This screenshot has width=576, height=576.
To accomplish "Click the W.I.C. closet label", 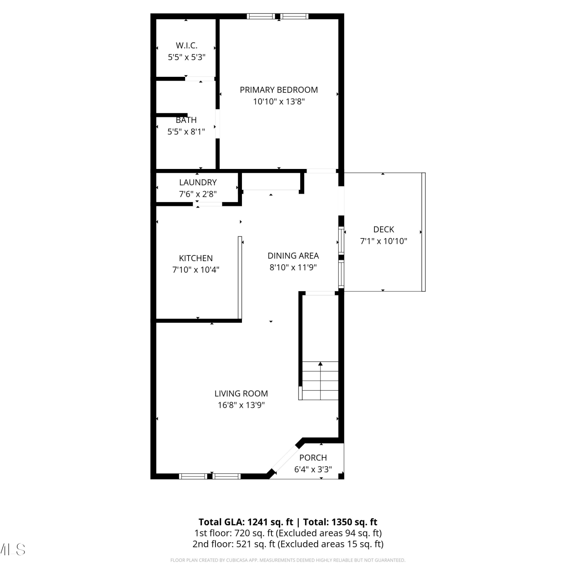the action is (x=187, y=45).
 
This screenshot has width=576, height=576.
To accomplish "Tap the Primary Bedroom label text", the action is (x=279, y=90).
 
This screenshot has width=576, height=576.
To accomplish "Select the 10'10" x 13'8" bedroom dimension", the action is (x=279, y=102).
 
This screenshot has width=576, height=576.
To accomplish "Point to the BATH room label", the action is (x=186, y=120).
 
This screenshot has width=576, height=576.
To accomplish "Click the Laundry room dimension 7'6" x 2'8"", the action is (x=198, y=194).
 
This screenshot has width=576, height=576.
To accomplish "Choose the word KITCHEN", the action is (x=196, y=258).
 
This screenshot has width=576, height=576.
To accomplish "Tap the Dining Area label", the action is (x=293, y=256).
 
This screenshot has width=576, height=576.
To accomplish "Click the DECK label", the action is (x=384, y=229).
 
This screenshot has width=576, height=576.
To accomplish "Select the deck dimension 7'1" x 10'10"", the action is (x=384, y=241).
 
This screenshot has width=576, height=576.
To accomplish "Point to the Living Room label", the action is (x=241, y=394).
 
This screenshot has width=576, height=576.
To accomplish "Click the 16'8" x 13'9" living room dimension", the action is (x=241, y=405).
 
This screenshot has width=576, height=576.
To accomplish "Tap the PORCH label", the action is (x=313, y=458).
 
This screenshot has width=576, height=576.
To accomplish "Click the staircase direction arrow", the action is (x=321, y=380).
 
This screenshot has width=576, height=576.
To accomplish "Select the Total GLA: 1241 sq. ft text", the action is (x=246, y=522).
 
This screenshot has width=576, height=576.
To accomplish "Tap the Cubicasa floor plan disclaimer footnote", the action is (x=288, y=560).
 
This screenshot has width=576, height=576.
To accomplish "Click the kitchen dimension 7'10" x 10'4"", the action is (x=196, y=270).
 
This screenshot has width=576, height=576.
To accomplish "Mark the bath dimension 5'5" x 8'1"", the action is (x=186, y=132).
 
